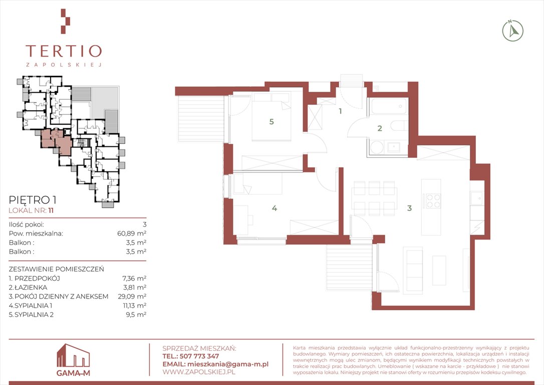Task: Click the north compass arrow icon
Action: (513, 31)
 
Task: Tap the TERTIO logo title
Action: (64, 51)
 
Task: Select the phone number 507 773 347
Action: (199, 356)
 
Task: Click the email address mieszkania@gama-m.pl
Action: (227, 364)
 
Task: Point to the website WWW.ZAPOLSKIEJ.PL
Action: (199, 372)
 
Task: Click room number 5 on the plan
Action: (271, 122)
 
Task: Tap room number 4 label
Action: (275, 209)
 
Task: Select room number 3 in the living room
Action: (409, 208)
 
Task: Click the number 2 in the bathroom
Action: (380, 128)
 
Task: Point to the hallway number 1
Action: (340, 111)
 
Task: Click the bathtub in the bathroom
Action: (389, 106)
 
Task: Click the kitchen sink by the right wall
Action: (476, 199)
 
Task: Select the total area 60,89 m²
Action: (132, 233)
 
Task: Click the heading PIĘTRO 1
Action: (33, 200)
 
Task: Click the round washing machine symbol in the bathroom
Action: (376, 148)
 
